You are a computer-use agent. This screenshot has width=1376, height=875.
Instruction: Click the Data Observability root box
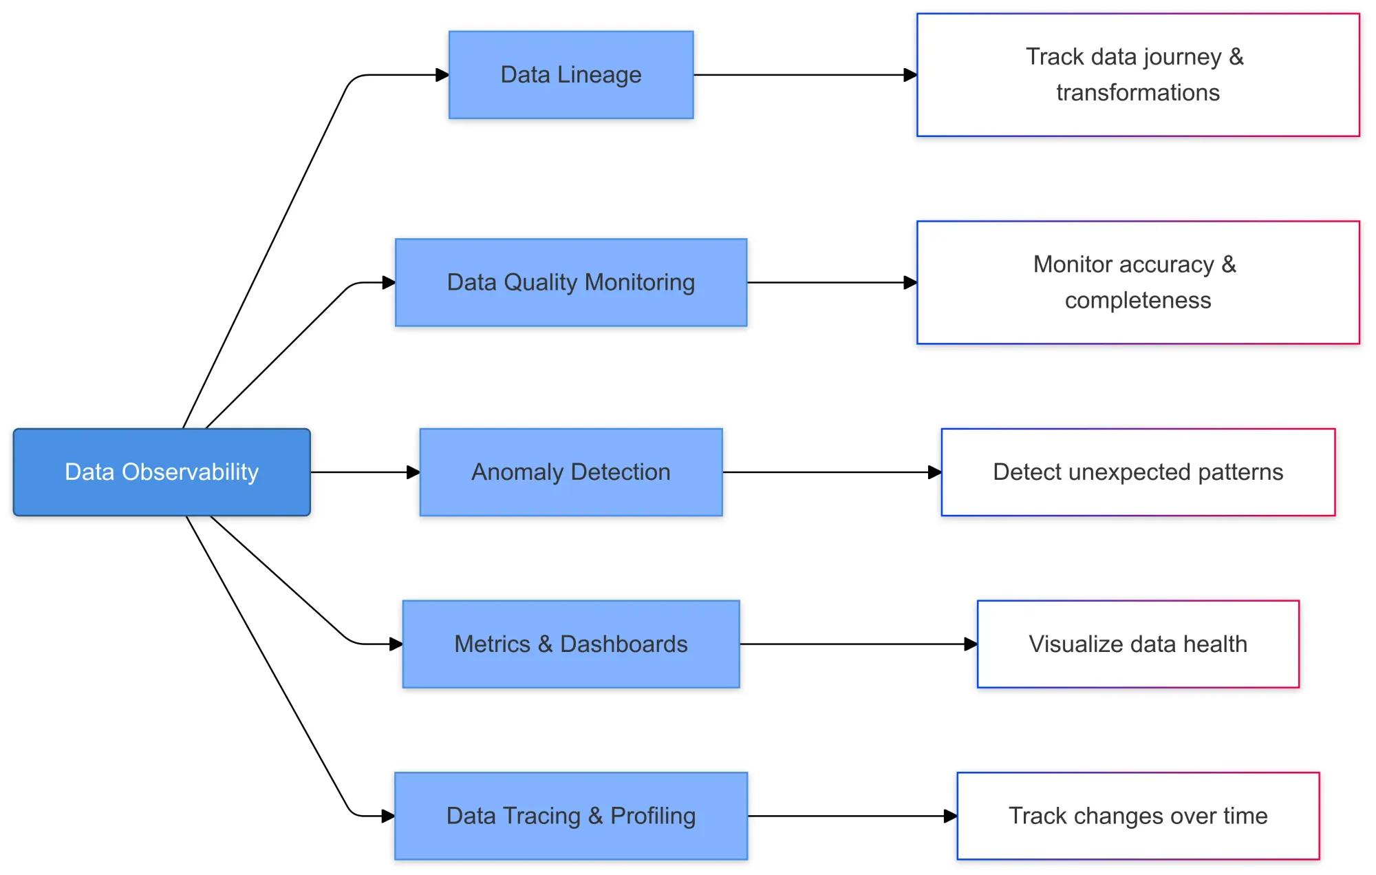tap(162, 472)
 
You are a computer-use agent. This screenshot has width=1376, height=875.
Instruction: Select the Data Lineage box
tap(571, 75)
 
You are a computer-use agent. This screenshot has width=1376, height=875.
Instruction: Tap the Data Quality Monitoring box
tap(571, 282)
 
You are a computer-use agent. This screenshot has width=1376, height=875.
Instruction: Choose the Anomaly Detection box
tap(571, 472)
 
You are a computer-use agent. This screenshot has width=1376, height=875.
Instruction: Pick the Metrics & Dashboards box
tap(571, 644)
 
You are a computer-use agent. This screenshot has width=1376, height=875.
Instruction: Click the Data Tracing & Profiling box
tap(571, 816)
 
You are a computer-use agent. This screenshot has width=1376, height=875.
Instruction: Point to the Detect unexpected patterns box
tap(1138, 472)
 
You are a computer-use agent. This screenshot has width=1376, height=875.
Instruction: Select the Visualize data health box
tap(1138, 644)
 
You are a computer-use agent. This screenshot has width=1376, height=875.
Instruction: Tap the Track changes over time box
tap(1138, 816)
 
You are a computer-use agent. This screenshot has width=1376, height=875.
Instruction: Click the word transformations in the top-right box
tap(1138, 93)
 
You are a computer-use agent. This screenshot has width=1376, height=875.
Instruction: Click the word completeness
tap(1138, 301)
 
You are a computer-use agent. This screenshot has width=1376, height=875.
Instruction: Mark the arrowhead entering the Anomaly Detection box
tap(413, 472)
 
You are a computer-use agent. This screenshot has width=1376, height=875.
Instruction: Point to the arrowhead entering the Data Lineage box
tap(442, 75)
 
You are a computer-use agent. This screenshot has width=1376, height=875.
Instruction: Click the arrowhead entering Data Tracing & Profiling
tap(388, 816)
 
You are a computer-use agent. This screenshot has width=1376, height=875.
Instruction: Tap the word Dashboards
tap(623, 644)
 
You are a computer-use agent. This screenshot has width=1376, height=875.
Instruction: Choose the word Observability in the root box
tap(190, 472)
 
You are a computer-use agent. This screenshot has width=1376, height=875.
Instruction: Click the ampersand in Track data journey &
tap(1236, 56)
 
